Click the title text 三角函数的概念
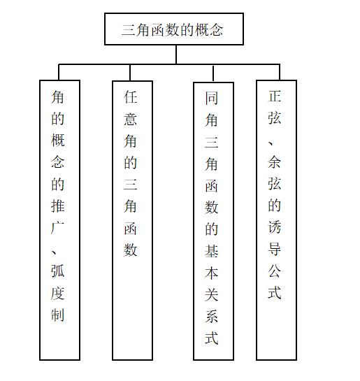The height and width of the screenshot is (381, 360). click(172, 30)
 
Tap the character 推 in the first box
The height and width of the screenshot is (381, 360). click(58, 206)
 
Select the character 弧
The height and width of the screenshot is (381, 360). click(58, 271)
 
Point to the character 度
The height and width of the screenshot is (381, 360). click(58, 293)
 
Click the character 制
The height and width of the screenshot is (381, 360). click(58, 315)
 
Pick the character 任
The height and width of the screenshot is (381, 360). click(131, 97)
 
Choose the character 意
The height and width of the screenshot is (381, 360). click(131, 119)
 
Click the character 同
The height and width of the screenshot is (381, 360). click(211, 98)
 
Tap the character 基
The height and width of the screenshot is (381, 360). click(211, 251)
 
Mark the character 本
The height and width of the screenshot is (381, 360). click(211, 273)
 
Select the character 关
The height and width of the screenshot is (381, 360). click(211, 295)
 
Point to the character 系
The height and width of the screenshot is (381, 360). click(211, 317)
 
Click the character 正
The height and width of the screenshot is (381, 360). click(275, 96)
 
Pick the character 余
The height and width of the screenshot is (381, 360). click(275, 161)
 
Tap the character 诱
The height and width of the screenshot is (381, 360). click(275, 227)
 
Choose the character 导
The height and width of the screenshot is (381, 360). click(275, 249)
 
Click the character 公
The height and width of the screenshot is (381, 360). click(275, 271)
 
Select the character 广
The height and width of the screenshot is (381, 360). click(58, 228)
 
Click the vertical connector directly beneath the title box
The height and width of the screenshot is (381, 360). click(176, 55)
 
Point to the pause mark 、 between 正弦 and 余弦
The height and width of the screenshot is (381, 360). click(271, 143)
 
